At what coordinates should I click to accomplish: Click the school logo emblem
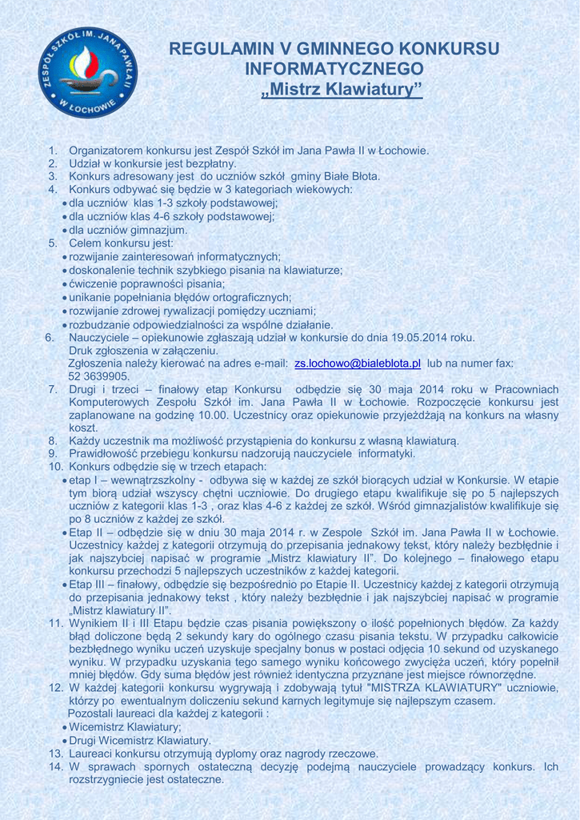(x=87, y=72)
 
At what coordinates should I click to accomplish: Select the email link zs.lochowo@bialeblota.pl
(x=358, y=364)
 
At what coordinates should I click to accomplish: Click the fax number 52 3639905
(x=99, y=376)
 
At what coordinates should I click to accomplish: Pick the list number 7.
(x=52, y=390)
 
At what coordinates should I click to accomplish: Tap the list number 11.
(x=55, y=623)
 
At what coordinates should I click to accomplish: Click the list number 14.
(x=55, y=766)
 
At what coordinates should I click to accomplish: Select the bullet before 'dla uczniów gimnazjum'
(x=64, y=230)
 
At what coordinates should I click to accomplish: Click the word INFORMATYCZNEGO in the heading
(x=334, y=69)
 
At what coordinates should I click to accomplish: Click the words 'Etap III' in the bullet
(x=90, y=585)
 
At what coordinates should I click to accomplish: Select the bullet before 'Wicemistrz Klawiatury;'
(x=64, y=727)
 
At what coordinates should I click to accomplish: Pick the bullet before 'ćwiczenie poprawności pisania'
(x=64, y=283)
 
